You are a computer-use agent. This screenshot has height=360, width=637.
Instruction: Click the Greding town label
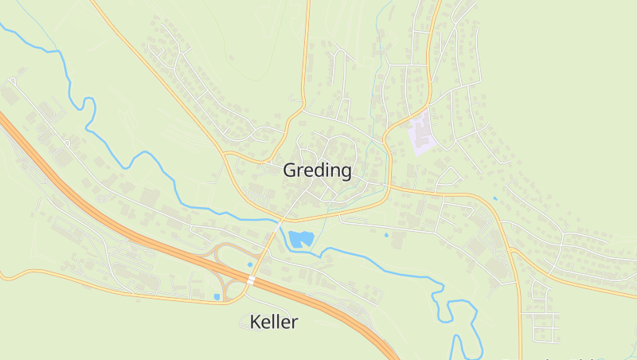[x=317, y=170]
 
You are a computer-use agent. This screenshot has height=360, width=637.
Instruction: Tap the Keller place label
[x=273, y=322]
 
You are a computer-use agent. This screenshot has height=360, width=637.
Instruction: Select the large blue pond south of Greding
[x=300, y=238]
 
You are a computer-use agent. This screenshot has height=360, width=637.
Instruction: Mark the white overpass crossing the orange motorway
[x=251, y=280]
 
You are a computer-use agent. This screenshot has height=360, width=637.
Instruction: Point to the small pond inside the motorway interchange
[x=250, y=264]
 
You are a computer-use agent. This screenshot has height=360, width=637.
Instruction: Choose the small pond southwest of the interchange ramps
[x=217, y=297]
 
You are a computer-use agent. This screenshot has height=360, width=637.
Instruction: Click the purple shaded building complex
[x=420, y=132]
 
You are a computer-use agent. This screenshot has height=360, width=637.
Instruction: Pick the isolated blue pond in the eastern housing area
[x=494, y=198]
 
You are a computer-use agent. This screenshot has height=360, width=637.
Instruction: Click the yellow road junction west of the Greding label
[x=226, y=151]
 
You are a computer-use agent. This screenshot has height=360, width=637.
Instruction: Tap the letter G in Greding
[x=291, y=170]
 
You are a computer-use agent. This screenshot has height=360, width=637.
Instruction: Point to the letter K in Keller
[x=256, y=322]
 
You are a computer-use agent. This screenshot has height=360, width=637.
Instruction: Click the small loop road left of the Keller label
[x=244, y=323]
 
